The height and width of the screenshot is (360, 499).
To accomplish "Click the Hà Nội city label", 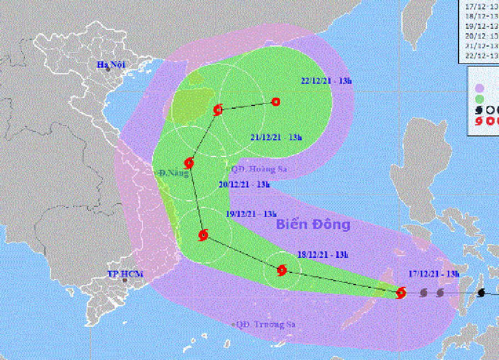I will click(111, 64).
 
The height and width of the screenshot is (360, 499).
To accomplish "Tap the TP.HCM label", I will click(121, 273).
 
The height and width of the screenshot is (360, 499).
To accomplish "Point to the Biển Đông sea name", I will click(313, 225).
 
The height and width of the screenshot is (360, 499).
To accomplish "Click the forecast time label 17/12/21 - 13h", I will click(434, 273).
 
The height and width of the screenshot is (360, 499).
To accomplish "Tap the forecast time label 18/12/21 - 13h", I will click(323, 255).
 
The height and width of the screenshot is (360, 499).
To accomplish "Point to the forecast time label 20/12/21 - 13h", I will click(244, 185).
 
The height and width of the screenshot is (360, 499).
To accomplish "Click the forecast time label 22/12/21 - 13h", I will click(327, 81).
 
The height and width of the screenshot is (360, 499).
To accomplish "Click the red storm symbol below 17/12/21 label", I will click(401, 292).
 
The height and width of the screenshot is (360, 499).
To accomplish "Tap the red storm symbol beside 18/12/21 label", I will click(282, 271).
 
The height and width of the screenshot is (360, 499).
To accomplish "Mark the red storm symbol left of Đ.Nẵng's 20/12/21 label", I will click(189, 163).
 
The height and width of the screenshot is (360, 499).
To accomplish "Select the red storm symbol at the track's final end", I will click(276, 102).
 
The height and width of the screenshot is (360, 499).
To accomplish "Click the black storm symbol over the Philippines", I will click(481, 292).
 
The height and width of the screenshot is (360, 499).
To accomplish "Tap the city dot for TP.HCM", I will click(125, 281).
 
